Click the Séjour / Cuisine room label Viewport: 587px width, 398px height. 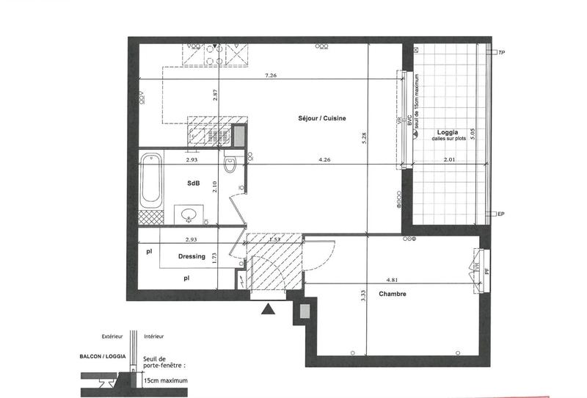click(322, 119)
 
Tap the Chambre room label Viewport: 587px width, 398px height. click(393, 294)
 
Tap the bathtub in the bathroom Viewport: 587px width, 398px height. click(150, 179)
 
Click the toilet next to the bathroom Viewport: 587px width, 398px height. click(230, 164)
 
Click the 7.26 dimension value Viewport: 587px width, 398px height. click(270, 75)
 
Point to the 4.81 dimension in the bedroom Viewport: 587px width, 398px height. click(393, 279)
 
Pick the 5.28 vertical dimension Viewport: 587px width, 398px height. click(365, 137)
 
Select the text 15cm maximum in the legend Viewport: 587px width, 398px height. click(166, 381)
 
